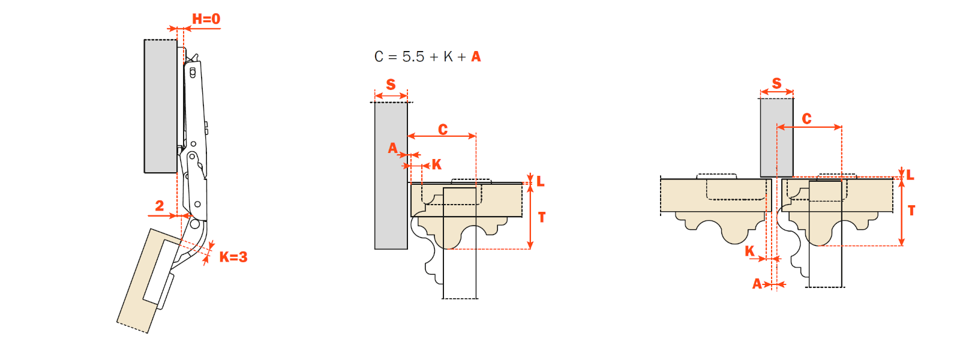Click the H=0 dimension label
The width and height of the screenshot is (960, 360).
point(206,19)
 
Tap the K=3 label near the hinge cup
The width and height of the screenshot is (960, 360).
point(233,257)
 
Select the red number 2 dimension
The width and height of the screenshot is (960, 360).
point(160,206)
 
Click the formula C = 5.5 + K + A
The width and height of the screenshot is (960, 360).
point(427,56)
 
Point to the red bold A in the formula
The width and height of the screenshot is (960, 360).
point(476,56)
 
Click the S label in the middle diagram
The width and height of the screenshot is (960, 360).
point(391,85)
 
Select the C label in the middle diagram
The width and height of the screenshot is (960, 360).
point(443,130)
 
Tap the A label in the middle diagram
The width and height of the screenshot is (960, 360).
point(392,148)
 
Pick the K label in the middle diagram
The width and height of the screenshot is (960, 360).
point(437,164)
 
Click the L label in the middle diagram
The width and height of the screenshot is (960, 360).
point(541,181)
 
